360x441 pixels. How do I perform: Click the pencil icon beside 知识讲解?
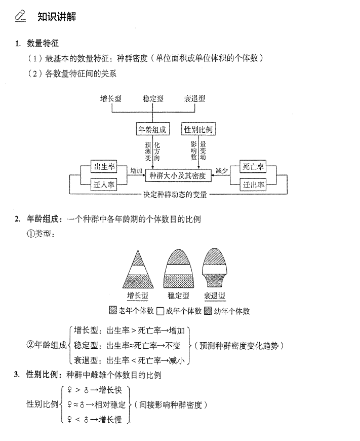click(x=20, y=16)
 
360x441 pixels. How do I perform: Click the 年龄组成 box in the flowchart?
click(x=152, y=129)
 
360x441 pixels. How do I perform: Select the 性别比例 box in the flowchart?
click(x=198, y=129)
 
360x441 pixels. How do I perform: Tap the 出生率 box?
click(x=104, y=166)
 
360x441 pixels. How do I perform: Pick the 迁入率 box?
click(x=104, y=185)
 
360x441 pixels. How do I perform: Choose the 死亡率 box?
click(x=253, y=166)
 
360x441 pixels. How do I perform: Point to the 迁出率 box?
click(x=253, y=185)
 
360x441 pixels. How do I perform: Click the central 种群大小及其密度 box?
click(x=178, y=175)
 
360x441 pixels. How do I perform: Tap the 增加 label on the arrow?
click(x=136, y=171)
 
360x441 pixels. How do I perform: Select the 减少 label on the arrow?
click(x=221, y=171)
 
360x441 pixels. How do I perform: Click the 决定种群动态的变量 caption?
click(x=175, y=194)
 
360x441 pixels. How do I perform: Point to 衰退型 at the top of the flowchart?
click(x=194, y=98)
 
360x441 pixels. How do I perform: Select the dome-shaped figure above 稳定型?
click(x=178, y=268)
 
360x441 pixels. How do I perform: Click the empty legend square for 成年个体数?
click(x=161, y=311)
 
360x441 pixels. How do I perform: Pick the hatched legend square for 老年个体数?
click(x=113, y=310)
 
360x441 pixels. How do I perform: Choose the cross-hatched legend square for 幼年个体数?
click(x=208, y=311)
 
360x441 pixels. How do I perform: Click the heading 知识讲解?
click(x=57, y=16)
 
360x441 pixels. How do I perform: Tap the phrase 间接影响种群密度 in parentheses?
click(x=170, y=405)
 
